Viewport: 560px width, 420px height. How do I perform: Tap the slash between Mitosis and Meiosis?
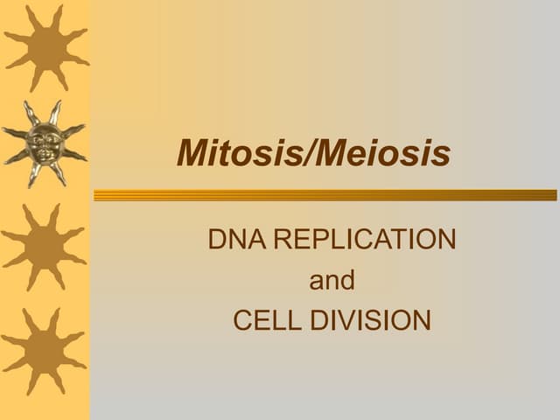coord(305,155)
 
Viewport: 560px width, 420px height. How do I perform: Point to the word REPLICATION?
coord(365,239)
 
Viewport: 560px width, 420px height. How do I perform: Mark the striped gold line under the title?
coord(325,195)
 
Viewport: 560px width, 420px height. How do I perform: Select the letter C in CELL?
coord(242,320)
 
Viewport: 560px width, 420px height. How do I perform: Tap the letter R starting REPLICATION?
coord(283,239)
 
